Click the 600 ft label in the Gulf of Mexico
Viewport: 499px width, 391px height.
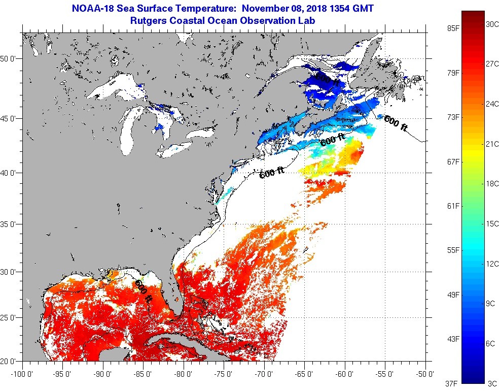(x=143, y=291)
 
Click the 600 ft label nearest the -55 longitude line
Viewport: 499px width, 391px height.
(x=396, y=123)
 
